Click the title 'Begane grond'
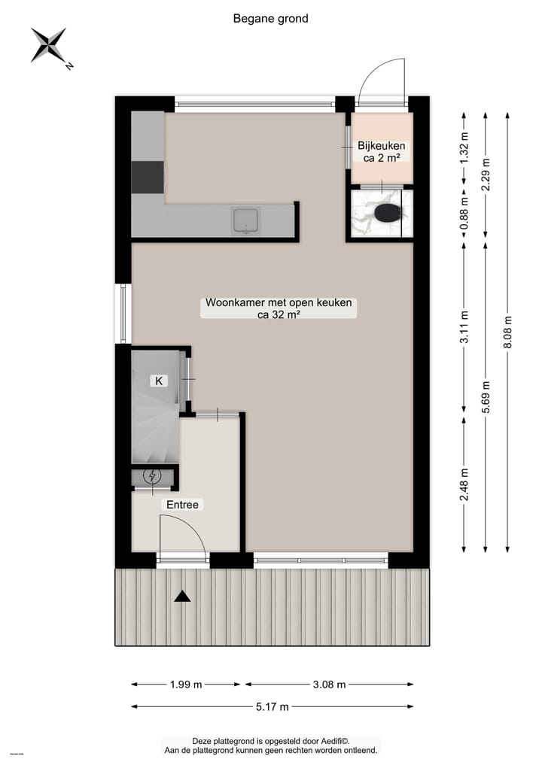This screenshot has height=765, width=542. (271, 19)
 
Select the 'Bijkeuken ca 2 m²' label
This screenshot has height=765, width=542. (382, 152)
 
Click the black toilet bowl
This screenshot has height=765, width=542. (388, 213)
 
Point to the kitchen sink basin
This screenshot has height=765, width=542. (246, 220)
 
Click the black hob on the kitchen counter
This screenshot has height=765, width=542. (148, 178)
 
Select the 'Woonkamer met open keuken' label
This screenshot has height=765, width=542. (279, 309)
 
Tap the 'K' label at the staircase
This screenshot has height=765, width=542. (159, 381)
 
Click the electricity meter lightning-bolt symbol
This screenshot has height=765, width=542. (154, 476)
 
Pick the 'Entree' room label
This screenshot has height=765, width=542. (183, 505)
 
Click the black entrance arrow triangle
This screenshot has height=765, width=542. (181, 597)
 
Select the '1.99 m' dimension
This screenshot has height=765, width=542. (186, 685)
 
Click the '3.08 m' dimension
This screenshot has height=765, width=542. (328, 685)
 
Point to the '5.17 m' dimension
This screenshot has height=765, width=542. (271, 707)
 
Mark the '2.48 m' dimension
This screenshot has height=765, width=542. (464, 484)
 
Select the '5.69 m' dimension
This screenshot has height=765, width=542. (486, 396)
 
